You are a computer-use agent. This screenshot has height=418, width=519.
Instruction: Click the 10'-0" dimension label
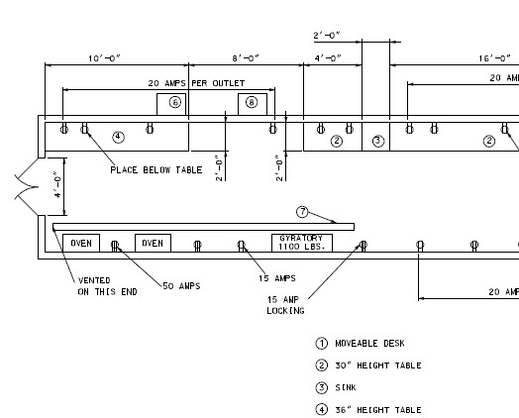point(104,58)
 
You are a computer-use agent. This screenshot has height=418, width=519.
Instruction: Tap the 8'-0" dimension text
point(246,58)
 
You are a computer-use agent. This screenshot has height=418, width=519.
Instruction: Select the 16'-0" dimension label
point(494,58)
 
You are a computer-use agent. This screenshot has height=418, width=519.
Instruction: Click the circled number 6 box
point(171,104)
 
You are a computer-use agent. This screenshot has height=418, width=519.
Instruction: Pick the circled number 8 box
point(253,104)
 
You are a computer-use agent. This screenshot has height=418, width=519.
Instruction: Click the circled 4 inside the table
point(118,137)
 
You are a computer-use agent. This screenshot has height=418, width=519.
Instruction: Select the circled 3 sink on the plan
point(378,141)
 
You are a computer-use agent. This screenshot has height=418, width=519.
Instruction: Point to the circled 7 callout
point(302,212)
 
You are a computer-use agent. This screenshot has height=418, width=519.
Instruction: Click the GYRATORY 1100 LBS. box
point(302,243)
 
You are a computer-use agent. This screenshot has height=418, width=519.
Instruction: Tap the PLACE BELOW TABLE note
point(156,170)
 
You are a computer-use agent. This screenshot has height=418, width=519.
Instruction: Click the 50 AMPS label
point(181,286)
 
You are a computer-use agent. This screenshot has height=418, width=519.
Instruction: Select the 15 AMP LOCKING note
point(285,305)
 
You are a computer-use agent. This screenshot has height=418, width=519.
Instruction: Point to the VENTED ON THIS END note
point(107,286)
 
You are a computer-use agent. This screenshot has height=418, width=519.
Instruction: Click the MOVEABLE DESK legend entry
point(361,344)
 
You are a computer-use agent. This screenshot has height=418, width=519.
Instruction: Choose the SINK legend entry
point(336,387)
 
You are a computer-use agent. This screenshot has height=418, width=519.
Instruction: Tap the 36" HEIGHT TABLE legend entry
point(368,410)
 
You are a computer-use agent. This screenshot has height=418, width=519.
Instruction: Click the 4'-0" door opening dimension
point(57,184)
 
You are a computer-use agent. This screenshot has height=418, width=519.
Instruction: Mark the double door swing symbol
point(27,186)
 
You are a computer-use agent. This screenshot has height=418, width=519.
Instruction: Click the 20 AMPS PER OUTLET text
point(196,83)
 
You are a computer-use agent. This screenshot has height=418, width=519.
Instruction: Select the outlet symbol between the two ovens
point(115,246)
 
